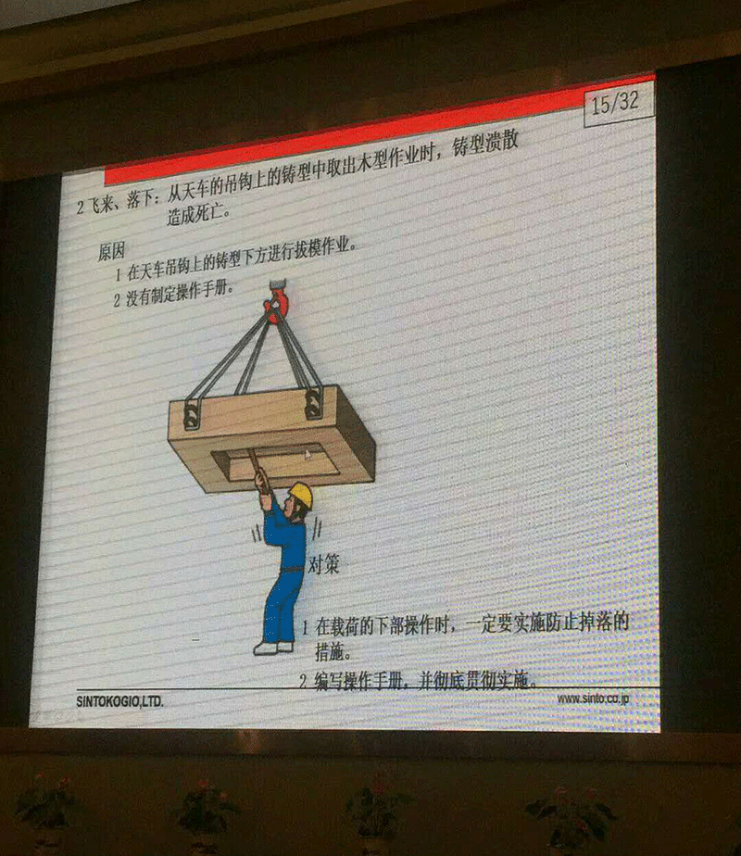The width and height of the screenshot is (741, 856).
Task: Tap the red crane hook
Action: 275,303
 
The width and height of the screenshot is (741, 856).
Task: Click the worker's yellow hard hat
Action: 300,494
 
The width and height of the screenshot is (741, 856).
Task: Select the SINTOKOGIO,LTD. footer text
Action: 119,701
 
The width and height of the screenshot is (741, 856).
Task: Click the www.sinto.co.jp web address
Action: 593,698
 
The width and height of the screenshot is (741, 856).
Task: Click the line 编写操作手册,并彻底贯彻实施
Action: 419,681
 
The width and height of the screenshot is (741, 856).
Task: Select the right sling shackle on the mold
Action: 313,403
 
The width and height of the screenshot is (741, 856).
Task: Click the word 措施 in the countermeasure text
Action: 333,653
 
